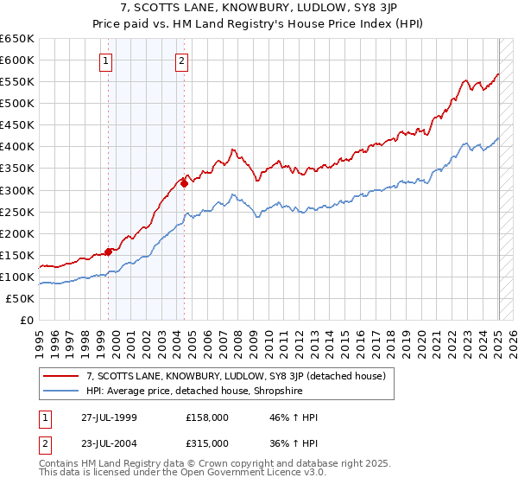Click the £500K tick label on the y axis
pyautogui.click(x=17, y=103)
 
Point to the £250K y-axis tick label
pyautogui.click(x=17, y=212)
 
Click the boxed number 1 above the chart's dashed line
pyautogui.click(x=105, y=60)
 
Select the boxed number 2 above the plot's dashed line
pyautogui.click(x=183, y=60)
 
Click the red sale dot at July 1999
pyautogui.click(x=109, y=252)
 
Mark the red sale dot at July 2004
pyautogui.click(x=185, y=183)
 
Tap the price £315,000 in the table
pyautogui.click(x=207, y=443)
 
